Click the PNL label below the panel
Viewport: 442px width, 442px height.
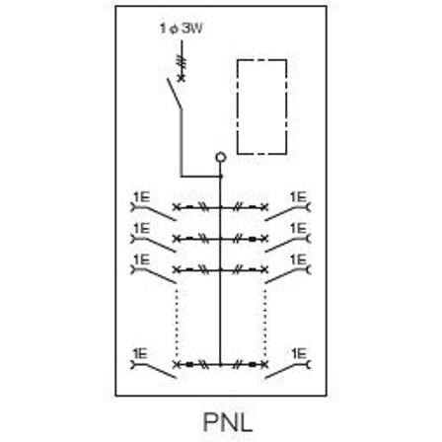point(228,422)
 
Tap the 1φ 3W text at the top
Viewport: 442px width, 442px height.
point(181,29)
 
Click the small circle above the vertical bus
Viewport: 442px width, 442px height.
point(221,157)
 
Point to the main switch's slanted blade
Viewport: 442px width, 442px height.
point(174,93)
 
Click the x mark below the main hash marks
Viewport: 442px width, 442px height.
point(182,78)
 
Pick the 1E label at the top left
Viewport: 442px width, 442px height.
point(142,197)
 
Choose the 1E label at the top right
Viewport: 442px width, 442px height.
point(298,197)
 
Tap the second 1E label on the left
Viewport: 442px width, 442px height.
point(142,228)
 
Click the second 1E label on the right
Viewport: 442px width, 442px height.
point(298,228)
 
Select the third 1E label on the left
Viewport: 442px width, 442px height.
point(142,259)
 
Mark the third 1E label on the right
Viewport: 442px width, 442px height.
point(298,259)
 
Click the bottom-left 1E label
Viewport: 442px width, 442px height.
point(140,354)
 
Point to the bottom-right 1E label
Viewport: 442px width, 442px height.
point(299,354)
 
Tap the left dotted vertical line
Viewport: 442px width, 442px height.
point(177,324)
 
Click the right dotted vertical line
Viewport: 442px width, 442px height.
point(265,324)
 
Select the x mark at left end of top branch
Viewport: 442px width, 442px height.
point(177,207)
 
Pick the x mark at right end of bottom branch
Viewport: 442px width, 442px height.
point(264,364)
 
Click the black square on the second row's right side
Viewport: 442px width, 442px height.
point(253,239)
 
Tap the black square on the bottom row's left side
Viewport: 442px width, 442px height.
point(189,364)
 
